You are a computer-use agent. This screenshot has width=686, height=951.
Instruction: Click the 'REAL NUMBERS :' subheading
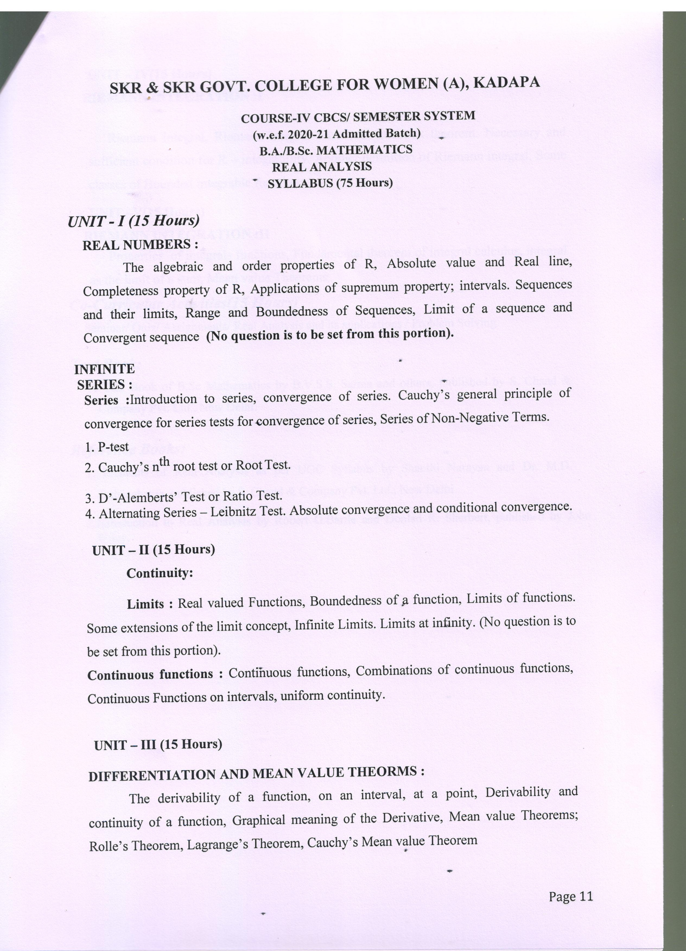point(140,244)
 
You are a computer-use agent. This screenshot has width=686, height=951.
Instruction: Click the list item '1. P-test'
point(107,447)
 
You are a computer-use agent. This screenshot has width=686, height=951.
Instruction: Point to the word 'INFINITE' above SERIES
point(104,369)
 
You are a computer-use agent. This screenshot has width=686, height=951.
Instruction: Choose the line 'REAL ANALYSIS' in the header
point(322,167)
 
